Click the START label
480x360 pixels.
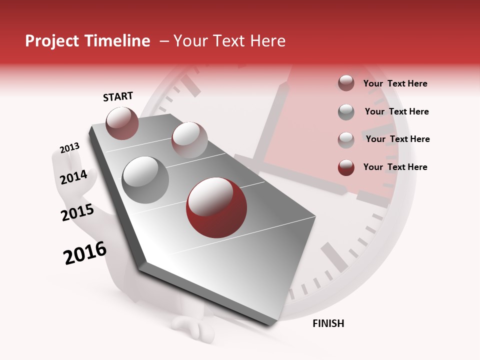click(118, 96)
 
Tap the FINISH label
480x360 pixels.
click(328, 323)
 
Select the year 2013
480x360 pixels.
click(69, 148)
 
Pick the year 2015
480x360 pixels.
click(77, 212)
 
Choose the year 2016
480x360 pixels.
click(85, 253)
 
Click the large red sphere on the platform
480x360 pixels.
click(216, 207)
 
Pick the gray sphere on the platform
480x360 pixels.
click(145, 179)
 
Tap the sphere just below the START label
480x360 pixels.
click(122, 123)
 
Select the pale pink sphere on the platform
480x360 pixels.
click(189, 140)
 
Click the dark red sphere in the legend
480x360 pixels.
click(346, 167)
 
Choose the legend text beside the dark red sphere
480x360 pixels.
click(395, 167)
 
